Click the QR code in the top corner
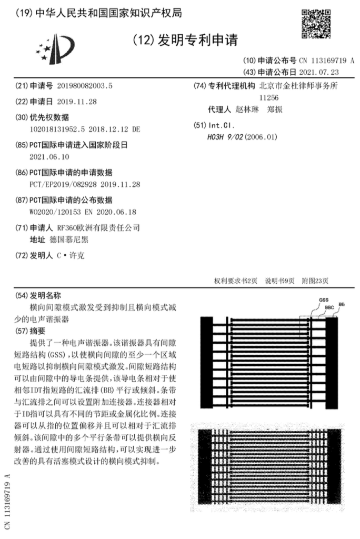point(316,24)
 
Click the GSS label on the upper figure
point(323,300)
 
